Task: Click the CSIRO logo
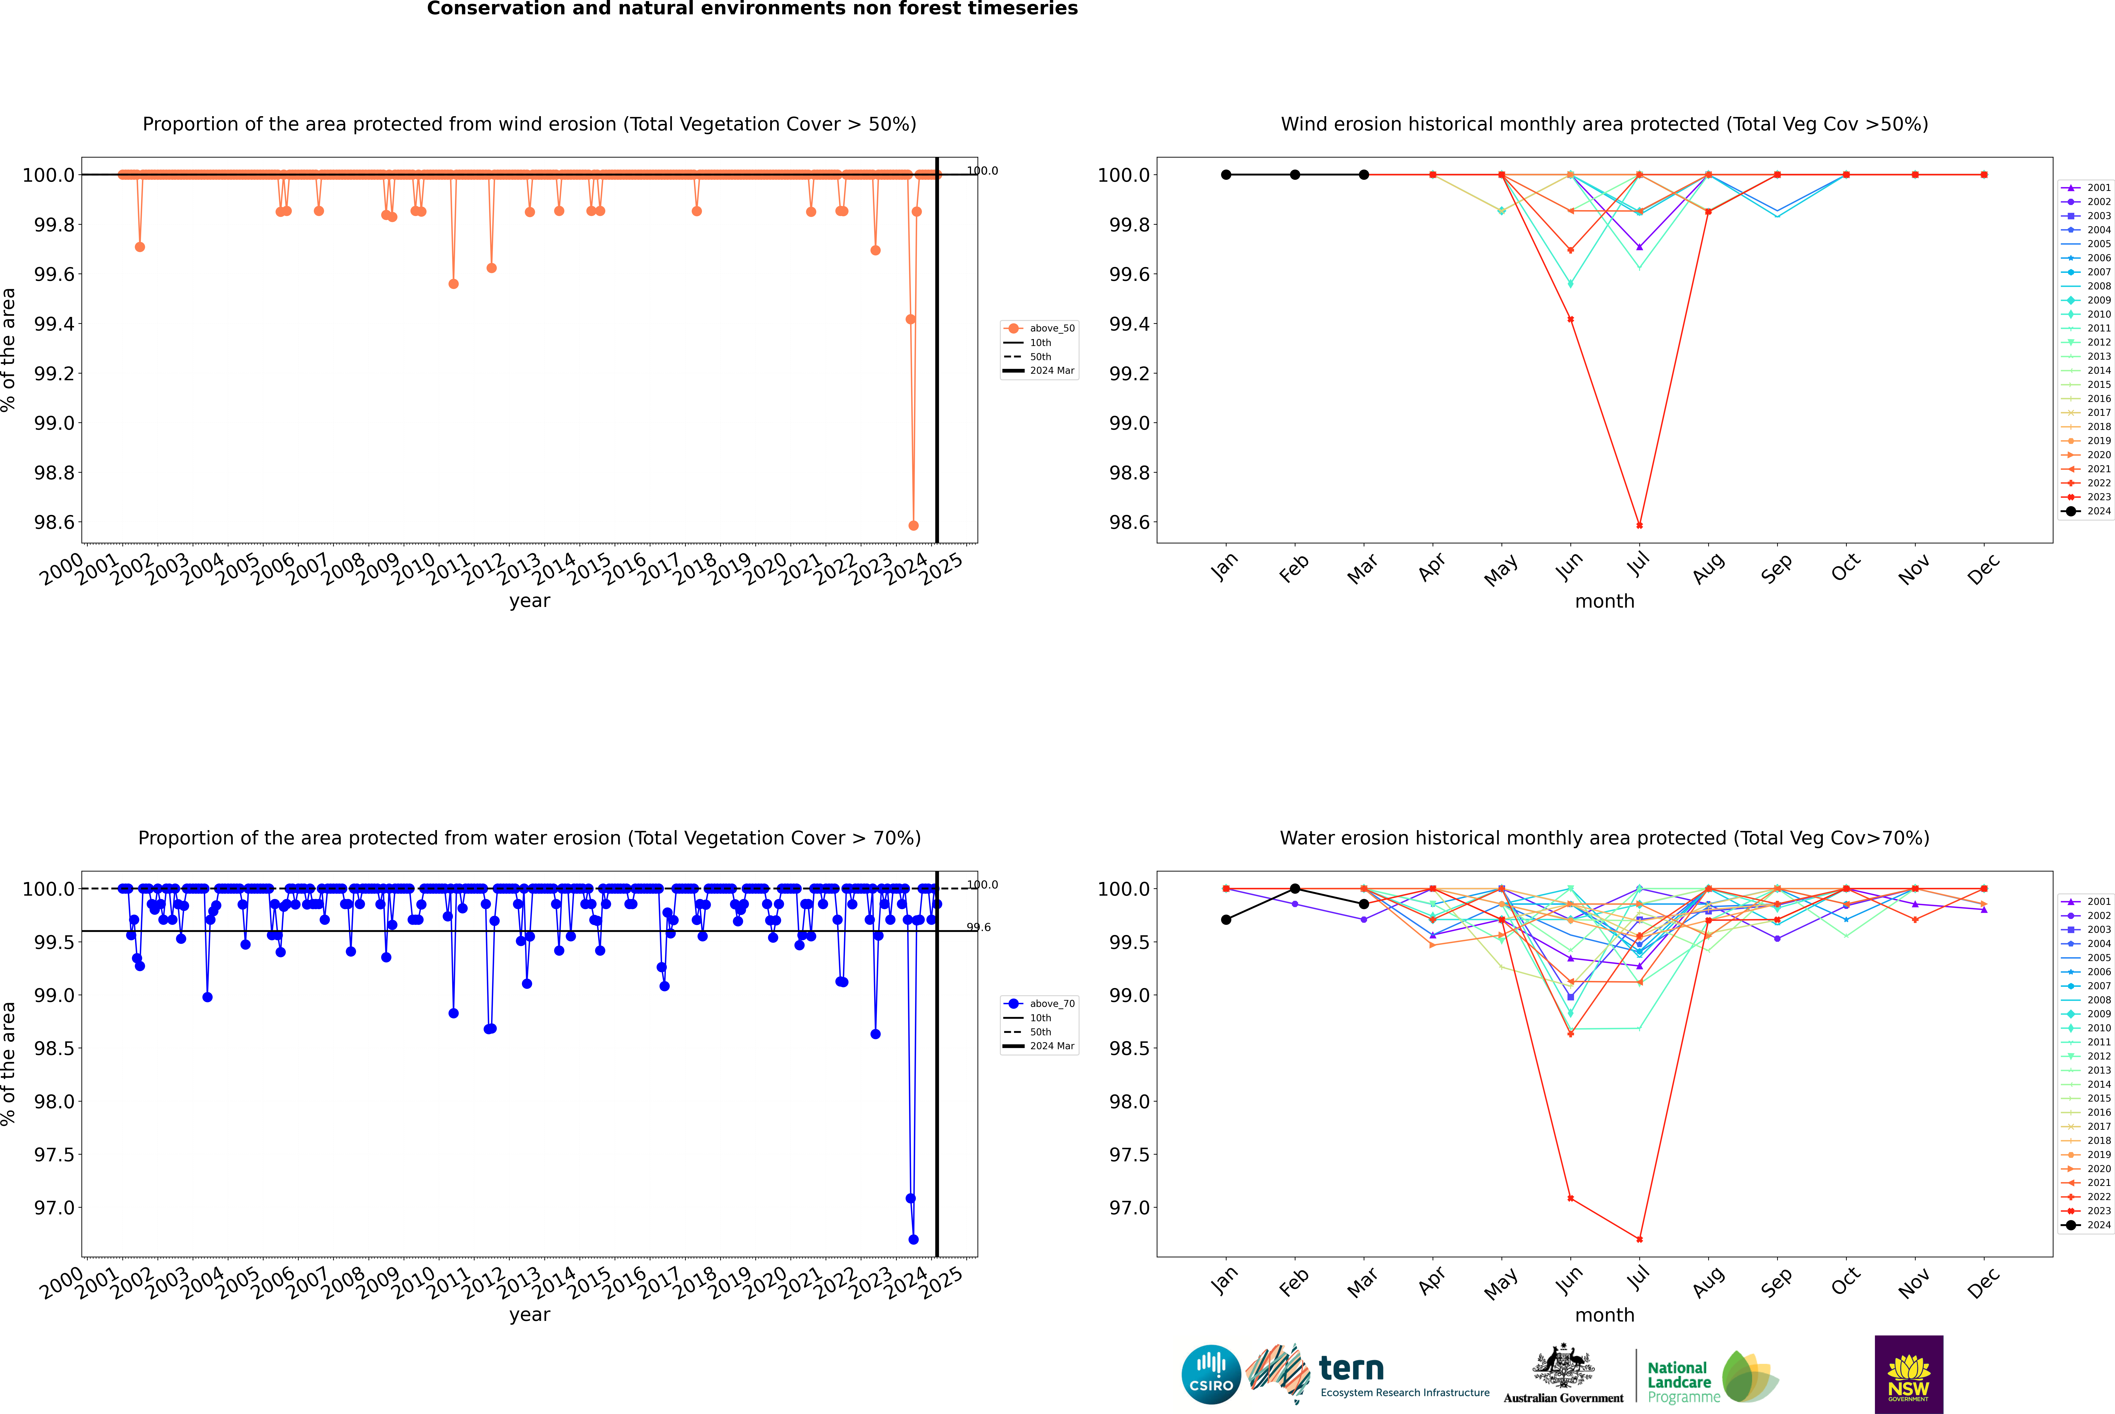[1211, 1374]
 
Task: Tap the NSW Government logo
[1908, 1374]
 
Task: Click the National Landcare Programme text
[1679, 1382]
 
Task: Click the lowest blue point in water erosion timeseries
[913, 1239]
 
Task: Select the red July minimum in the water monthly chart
[1639, 1239]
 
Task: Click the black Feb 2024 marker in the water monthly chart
[1295, 888]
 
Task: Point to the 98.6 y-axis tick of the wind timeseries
[54, 522]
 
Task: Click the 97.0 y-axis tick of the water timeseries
[54, 1207]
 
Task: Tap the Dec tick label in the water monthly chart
[1983, 1282]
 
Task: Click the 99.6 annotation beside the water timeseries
[978, 927]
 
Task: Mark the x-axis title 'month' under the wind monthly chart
[1604, 602]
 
